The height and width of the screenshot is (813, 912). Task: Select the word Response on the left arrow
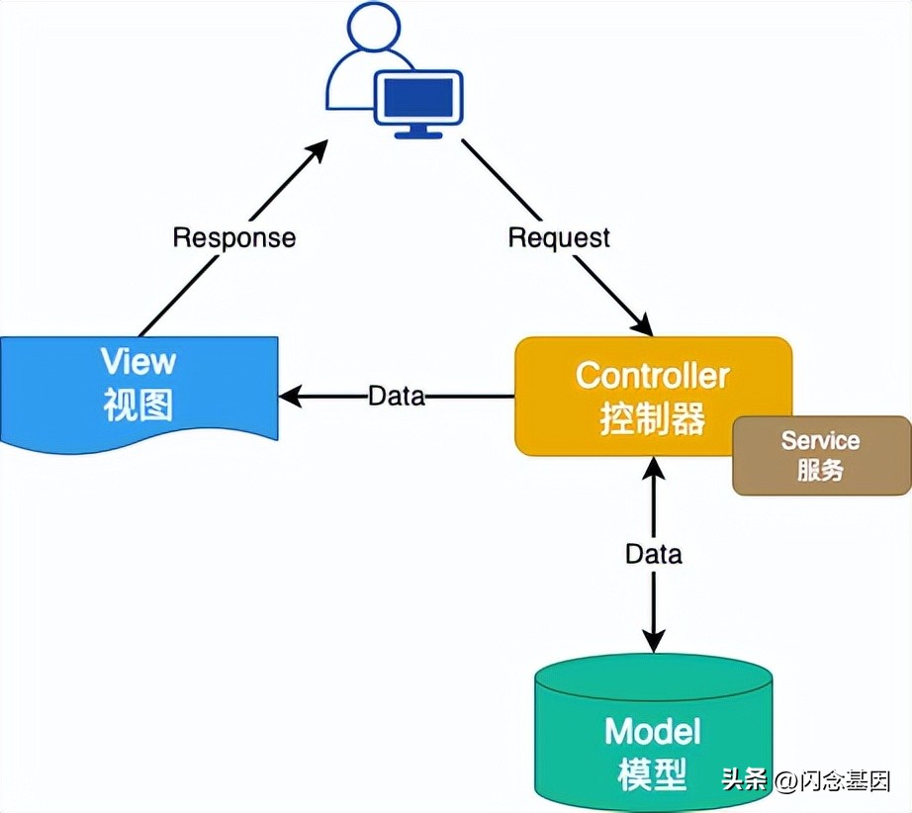[x=233, y=237]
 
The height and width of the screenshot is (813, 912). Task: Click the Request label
[x=559, y=237]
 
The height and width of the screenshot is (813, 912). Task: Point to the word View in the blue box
[x=138, y=361]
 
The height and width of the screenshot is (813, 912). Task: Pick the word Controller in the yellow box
[x=653, y=376]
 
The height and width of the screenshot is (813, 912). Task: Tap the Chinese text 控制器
[x=653, y=419]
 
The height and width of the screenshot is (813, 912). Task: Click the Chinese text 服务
[x=820, y=471]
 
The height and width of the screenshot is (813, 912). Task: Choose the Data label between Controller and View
[x=396, y=397]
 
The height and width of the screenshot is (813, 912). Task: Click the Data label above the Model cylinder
[x=653, y=554]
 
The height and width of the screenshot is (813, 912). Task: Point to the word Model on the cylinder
[x=653, y=732]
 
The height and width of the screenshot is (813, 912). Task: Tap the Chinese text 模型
[x=653, y=774]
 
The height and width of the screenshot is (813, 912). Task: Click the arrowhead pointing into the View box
[x=290, y=397]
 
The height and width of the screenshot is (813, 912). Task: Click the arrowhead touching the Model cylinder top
[x=653, y=640]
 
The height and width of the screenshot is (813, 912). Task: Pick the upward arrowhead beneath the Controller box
[x=653, y=469]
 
